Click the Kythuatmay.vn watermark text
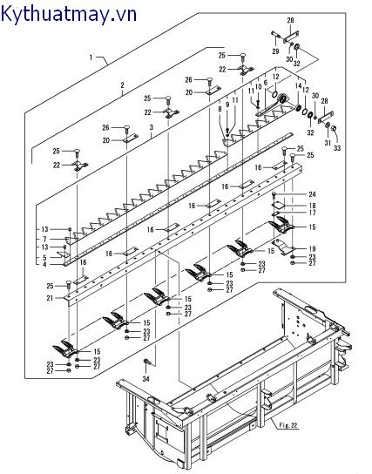point(69,14)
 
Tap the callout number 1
point(91,57)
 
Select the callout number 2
point(122,85)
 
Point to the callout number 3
point(152,127)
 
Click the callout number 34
point(146,379)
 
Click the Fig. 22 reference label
point(288,425)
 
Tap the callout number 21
point(50,298)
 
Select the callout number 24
point(312,194)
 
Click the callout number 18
point(312,207)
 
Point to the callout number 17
point(312,213)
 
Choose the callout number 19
point(312,249)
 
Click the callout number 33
point(337,148)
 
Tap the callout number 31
point(328,143)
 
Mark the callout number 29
point(275,51)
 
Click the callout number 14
point(299,86)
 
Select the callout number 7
point(44,239)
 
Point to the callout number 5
point(44,258)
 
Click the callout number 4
point(44,265)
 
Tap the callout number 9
point(227,105)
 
